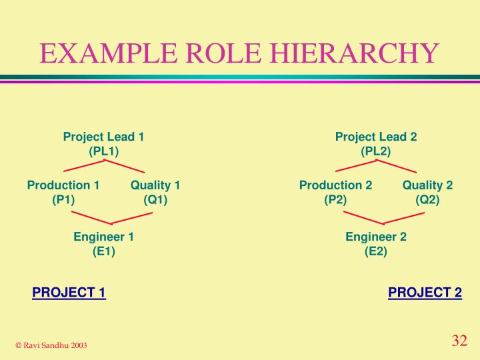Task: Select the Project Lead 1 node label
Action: (x=104, y=137)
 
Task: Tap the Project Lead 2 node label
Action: (x=376, y=137)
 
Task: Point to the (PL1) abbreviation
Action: (x=104, y=151)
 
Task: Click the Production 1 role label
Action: (x=63, y=185)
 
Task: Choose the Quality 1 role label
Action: (x=155, y=185)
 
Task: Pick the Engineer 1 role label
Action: (x=104, y=237)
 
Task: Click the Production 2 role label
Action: (x=335, y=185)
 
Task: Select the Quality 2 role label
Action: (x=427, y=185)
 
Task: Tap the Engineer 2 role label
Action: (x=376, y=237)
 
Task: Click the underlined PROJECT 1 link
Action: (x=69, y=293)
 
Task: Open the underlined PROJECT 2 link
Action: (x=425, y=293)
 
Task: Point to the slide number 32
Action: (x=459, y=341)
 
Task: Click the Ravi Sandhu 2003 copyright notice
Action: (x=51, y=345)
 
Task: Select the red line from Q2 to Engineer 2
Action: (x=404, y=217)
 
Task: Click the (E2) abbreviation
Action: (x=376, y=251)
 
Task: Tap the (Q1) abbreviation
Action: (x=155, y=199)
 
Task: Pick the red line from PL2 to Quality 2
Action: (x=397, y=165)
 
